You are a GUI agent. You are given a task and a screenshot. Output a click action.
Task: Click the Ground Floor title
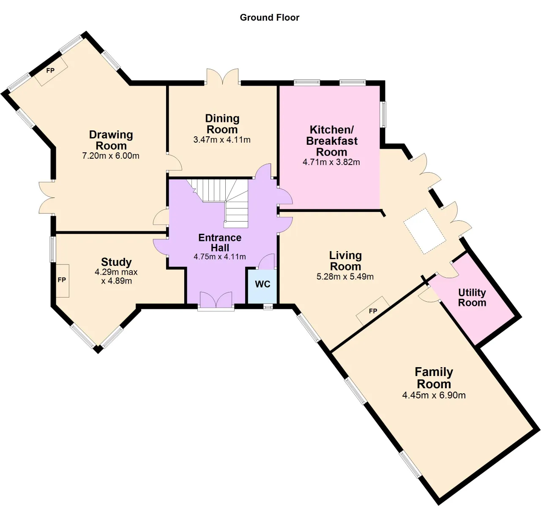click(x=269, y=18)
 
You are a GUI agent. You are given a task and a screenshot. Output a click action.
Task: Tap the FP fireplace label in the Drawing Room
click(x=50, y=70)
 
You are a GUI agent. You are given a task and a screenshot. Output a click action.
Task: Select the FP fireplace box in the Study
click(x=63, y=281)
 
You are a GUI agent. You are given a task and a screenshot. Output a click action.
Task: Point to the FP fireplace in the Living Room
click(x=373, y=311)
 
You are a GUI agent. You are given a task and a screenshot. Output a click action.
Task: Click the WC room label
click(x=262, y=284)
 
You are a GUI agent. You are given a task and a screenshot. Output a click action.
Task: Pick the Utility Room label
click(x=472, y=298)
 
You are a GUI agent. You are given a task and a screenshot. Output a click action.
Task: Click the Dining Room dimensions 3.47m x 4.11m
click(x=222, y=140)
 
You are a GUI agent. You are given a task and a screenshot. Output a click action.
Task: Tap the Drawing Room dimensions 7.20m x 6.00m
click(x=111, y=156)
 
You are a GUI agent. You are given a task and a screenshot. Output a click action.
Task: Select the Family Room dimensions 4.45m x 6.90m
click(x=434, y=395)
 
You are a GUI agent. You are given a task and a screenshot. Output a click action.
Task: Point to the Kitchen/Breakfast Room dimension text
click(x=331, y=162)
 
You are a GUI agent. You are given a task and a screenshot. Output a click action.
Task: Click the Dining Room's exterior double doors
click(x=223, y=77)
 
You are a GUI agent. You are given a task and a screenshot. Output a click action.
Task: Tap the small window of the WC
click(x=268, y=306)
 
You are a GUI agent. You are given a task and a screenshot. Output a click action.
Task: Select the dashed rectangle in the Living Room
click(x=424, y=231)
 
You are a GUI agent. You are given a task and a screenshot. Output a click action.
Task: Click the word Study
click(x=116, y=262)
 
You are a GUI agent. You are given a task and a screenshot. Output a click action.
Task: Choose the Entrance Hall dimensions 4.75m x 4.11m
click(x=219, y=257)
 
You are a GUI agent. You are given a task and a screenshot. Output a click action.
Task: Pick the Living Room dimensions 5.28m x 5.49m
click(x=345, y=277)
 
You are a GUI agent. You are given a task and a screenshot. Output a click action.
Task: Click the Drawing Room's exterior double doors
click(x=47, y=198)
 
